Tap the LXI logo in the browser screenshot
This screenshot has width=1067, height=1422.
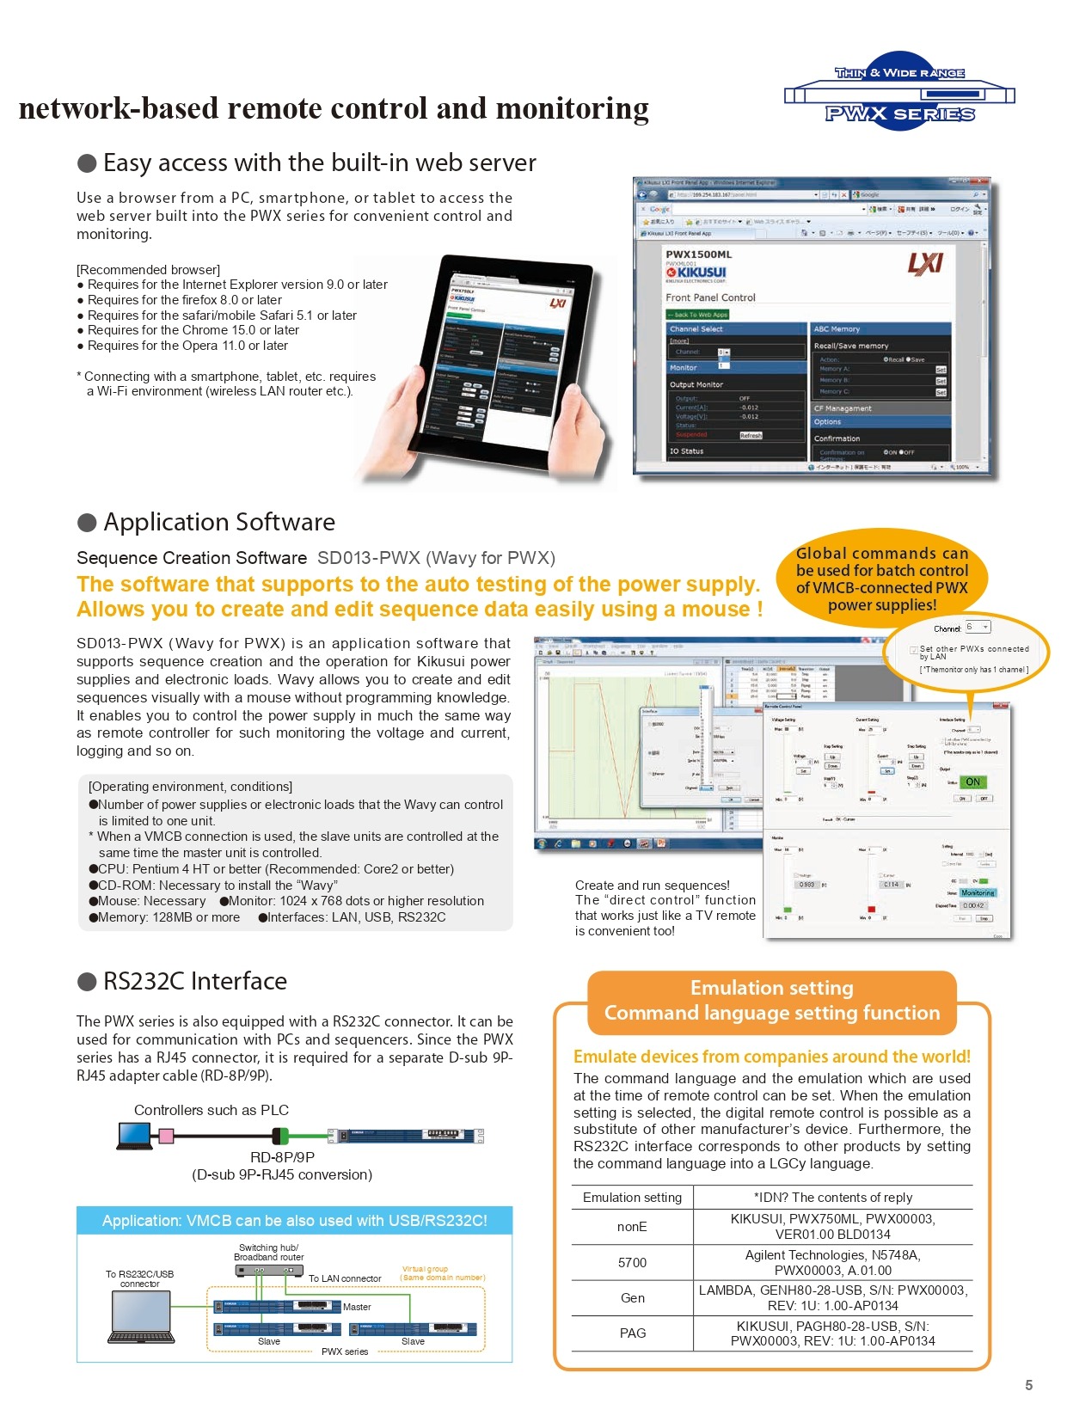(925, 263)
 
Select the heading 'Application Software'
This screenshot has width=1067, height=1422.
(218, 522)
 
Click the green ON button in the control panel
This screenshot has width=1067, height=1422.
(972, 782)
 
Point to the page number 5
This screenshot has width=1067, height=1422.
(1028, 1384)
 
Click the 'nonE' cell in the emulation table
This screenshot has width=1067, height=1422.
(632, 1227)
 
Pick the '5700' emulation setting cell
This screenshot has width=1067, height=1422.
(632, 1262)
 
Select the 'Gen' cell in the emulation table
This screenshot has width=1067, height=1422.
(632, 1298)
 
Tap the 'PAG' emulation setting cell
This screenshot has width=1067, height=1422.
(632, 1333)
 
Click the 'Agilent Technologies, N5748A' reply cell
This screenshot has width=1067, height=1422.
(832, 1262)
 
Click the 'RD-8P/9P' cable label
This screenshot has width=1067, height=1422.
(282, 1157)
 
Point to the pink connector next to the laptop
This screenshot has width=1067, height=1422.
(166, 1136)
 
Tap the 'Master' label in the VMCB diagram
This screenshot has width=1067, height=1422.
(357, 1307)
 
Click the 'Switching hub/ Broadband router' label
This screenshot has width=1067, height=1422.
(268, 1252)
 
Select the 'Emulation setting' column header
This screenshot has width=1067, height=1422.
(632, 1198)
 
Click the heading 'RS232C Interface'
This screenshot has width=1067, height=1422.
(194, 981)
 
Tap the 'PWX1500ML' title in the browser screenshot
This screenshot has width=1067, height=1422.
(698, 254)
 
